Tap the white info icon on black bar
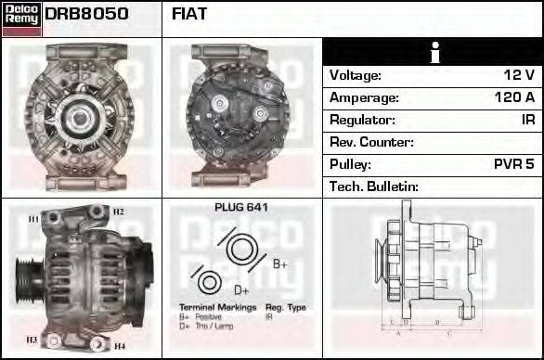(x=433, y=52)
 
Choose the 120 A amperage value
(x=514, y=97)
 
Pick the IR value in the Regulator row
(x=527, y=120)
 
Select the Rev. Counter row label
(x=371, y=142)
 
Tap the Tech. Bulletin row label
(x=374, y=186)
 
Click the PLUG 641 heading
(x=241, y=208)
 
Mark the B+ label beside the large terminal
(x=280, y=264)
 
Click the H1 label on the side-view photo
(x=33, y=218)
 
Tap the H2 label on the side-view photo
(x=118, y=212)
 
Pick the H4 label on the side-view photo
(x=119, y=346)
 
